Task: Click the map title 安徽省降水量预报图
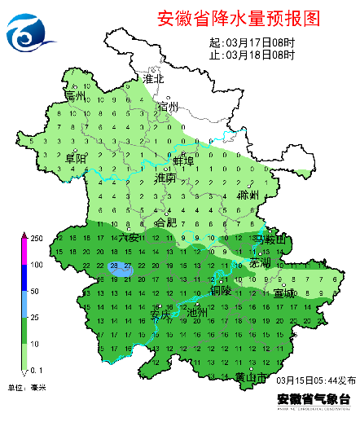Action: pos(235,17)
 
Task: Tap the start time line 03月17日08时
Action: pos(252,43)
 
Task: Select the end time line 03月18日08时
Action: pos(252,55)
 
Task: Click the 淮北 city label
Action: pos(154,79)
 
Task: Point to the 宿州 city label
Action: pos(168,107)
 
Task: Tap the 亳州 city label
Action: pos(76,97)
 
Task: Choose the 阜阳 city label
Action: pos(76,157)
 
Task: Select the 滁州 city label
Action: pos(248,196)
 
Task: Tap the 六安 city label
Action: pos(129,237)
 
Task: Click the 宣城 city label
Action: pos(284,292)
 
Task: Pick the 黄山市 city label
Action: pos(251,377)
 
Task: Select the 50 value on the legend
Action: pos(35,291)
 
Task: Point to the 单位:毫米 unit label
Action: pos(27,387)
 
